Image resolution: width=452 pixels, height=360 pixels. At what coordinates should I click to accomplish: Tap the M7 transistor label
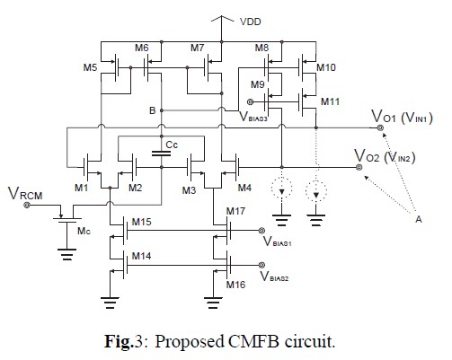pos(199,48)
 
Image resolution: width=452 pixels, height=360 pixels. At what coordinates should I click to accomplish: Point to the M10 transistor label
pos(326,68)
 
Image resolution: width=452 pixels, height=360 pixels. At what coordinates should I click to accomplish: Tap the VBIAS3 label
pos(259,117)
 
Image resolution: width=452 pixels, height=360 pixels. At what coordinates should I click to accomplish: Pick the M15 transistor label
pos(142,223)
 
